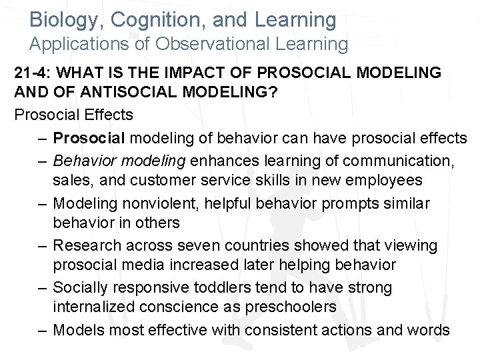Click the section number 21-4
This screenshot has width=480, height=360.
coord(33,73)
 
